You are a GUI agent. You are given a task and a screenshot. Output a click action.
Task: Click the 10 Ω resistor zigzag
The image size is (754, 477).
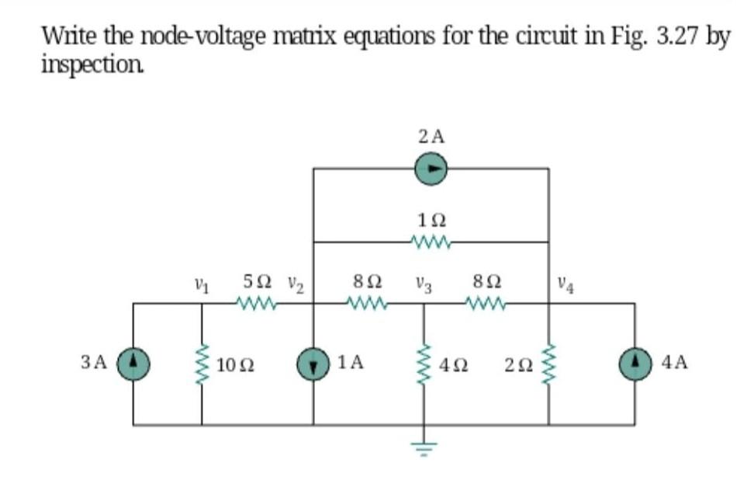(x=203, y=362)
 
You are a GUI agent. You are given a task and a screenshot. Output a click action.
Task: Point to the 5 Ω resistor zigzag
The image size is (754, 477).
(x=258, y=303)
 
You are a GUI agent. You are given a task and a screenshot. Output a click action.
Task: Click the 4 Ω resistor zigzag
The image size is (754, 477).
(x=424, y=363)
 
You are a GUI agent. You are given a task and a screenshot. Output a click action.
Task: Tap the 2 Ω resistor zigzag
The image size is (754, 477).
(x=548, y=362)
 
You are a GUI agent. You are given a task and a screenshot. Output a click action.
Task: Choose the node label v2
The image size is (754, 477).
(x=296, y=281)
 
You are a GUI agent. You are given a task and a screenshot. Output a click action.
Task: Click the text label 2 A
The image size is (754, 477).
(x=431, y=138)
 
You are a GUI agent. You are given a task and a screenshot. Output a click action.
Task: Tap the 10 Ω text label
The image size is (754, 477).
(x=233, y=363)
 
